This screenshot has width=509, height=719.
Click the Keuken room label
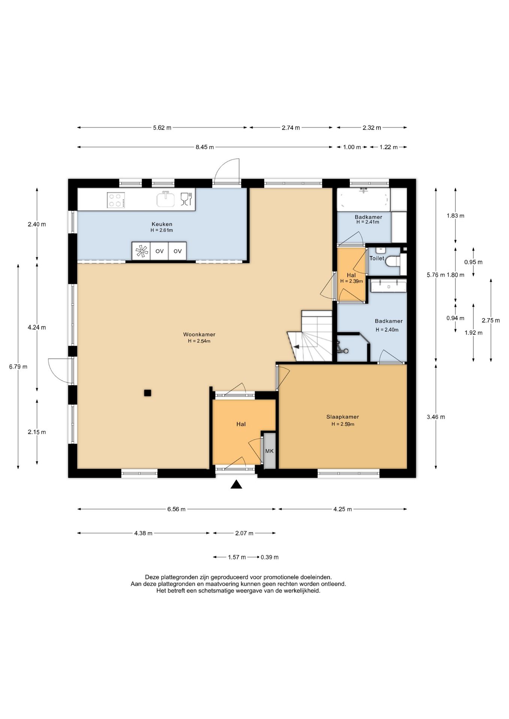[x=162, y=224]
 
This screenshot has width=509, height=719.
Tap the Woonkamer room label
[x=199, y=334]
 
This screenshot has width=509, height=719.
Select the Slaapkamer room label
[x=343, y=417]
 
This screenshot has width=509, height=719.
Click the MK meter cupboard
[x=269, y=451]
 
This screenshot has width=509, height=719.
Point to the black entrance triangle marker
[x=236, y=485]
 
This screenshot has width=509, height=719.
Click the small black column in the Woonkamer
[x=148, y=393]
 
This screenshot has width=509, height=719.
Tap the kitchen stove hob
[x=116, y=200]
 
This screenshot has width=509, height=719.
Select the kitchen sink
[x=166, y=199]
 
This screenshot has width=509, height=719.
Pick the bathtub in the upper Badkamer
[x=364, y=200]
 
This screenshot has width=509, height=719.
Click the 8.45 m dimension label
[x=205, y=147]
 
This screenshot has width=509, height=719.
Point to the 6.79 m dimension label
[x=18, y=367]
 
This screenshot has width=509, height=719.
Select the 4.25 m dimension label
[x=343, y=509]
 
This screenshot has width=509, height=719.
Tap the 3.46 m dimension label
[x=436, y=417]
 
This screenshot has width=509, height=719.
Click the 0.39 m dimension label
[x=269, y=557]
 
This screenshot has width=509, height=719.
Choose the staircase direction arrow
[x=296, y=347]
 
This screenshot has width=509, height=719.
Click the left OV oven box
[x=160, y=251]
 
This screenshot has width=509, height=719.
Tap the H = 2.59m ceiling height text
[x=343, y=424]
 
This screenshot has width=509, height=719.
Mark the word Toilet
[x=377, y=258]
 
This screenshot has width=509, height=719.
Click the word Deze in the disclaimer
[x=152, y=577]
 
